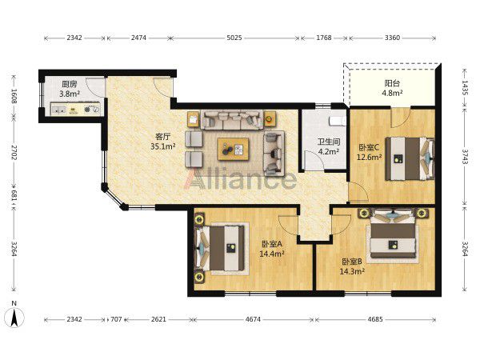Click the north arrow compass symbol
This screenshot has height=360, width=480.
(14, 318)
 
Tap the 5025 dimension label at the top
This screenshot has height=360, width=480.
(234, 38)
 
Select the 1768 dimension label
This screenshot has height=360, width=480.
(324, 38)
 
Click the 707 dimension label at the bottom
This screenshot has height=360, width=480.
(116, 319)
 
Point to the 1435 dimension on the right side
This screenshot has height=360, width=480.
(465, 88)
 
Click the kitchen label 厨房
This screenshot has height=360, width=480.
(70, 84)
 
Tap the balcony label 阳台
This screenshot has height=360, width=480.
(392, 83)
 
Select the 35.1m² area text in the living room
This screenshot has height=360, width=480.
(163, 146)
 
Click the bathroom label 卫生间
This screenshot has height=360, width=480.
(329, 142)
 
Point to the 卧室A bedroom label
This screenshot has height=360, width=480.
(272, 244)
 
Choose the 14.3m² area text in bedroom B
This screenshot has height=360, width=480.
(352, 271)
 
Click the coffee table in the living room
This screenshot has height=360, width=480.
(233, 149)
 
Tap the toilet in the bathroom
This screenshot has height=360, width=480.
(337, 122)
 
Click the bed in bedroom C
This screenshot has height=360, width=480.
(410, 158)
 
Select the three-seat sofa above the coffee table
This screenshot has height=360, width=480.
(232, 120)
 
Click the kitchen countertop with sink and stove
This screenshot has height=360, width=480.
(75, 109)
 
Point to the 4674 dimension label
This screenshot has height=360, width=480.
(253, 319)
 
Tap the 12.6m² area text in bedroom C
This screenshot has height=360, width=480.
(369, 158)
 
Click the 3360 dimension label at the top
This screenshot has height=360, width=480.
(392, 38)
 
